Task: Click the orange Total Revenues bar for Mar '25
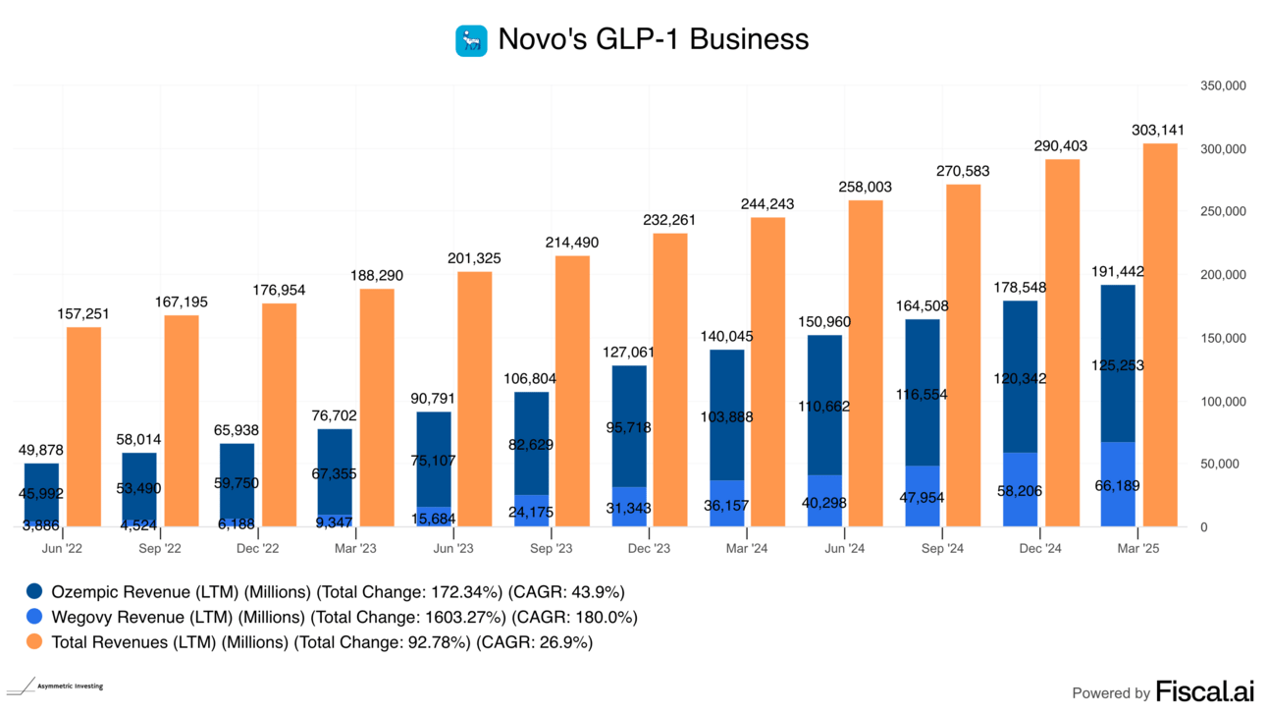1160,334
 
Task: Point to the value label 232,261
670,219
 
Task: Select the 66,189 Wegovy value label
1118,485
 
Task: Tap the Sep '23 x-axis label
551,547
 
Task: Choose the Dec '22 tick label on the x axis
257,547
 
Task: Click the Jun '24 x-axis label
844,547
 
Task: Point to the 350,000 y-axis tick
1222,86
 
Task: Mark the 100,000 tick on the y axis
1222,402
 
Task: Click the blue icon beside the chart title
471,40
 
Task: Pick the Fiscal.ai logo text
1204,691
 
